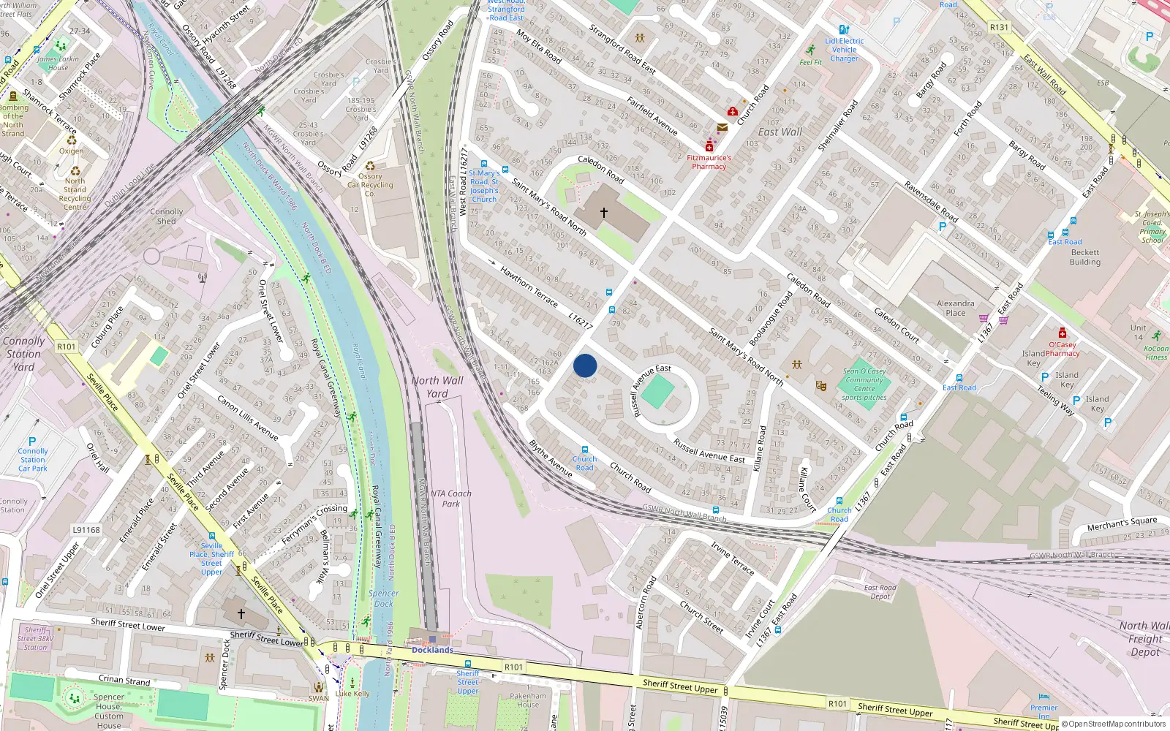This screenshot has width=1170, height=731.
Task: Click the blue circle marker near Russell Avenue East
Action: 585,365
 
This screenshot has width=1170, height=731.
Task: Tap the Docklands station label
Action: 432,650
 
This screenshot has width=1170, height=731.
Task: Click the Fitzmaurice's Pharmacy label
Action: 709,162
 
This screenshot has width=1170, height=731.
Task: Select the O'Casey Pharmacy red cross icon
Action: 1063,333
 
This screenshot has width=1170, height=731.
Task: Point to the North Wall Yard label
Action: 437,387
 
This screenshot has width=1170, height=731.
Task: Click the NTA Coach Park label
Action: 450,499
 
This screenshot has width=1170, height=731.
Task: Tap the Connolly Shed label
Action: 167,216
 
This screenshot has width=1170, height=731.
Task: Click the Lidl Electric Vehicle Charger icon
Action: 845,30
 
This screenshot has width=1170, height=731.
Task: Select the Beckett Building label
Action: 1084,257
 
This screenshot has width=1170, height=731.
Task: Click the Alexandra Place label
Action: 956,308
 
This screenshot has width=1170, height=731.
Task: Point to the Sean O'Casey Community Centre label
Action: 864,385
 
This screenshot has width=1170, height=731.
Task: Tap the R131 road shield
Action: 999,27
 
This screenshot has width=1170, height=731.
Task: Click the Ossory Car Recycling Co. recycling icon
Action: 370,166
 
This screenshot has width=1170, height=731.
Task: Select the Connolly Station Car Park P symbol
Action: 32,442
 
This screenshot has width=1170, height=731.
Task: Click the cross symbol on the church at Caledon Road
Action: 604,213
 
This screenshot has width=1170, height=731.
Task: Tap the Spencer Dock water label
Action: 383,599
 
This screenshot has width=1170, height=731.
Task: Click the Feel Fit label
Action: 810,62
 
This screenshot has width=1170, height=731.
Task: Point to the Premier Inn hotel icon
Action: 1044,697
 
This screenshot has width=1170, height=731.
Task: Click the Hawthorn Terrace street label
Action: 528,287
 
